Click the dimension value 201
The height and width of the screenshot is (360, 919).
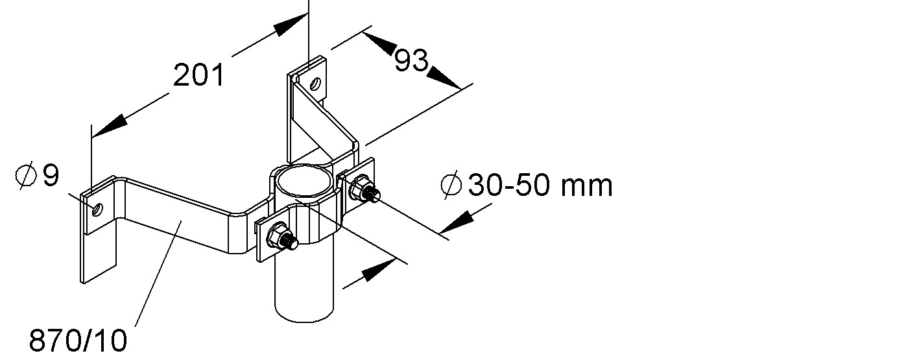[x=199, y=75]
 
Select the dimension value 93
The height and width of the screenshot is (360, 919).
[x=411, y=60]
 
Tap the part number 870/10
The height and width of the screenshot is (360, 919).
[x=78, y=341]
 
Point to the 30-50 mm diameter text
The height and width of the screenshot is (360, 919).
[x=540, y=185]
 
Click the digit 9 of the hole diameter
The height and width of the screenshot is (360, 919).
[x=51, y=175]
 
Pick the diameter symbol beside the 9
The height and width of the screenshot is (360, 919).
[x=25, y=176]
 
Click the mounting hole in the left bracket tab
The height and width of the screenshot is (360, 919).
[x=97, y=210]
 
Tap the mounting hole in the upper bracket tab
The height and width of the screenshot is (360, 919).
[x=315, y=84]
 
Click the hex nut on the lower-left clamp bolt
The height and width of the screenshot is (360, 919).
[x=277, y=235]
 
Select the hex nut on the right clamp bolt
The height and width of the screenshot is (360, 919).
[x=359, y=187]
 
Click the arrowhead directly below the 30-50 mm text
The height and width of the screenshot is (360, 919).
[x=456, y=222]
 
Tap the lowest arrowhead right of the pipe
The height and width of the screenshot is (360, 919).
[x=379, y=270]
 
